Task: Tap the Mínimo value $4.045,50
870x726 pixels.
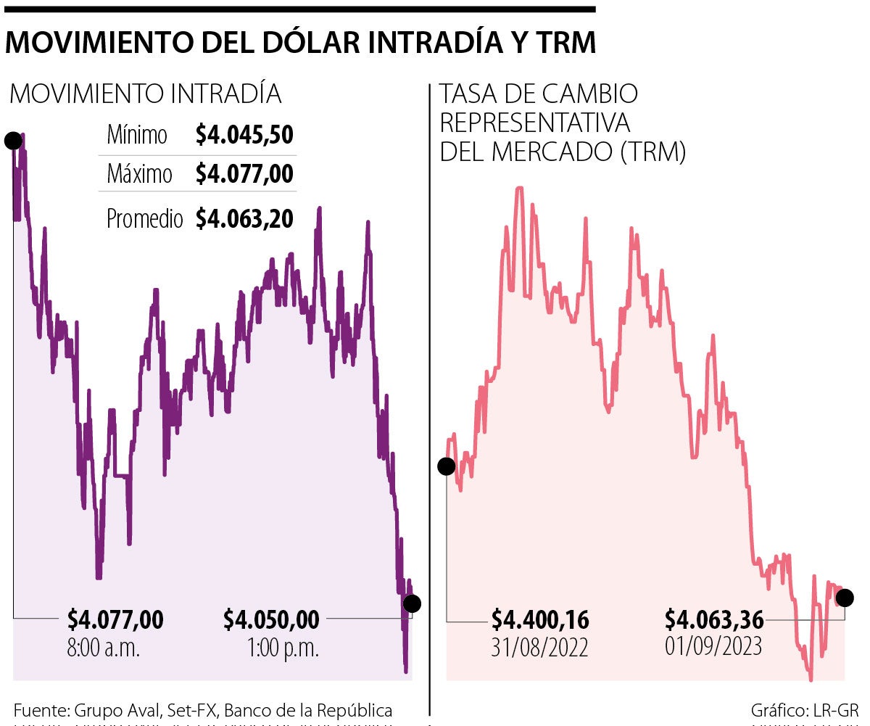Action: tap(244, 135)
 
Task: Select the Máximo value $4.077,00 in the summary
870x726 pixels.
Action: tap(244, 174)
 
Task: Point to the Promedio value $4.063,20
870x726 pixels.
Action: tap(244, 218)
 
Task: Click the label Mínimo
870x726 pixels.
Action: tap(137, 135)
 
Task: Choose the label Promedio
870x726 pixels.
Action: tap(145, 218)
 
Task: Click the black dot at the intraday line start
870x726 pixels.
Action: tap(13, 141)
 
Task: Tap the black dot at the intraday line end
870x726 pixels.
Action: tap(411, 603)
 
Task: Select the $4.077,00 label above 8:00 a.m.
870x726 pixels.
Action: tap(115, 620)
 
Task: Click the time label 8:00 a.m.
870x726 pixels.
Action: tap(104, 647)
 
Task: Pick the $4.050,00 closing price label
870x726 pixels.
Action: tap(271, 620)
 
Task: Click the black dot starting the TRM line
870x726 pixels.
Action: tap(447, 466)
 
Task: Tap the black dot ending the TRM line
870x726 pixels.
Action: tap(845, 598)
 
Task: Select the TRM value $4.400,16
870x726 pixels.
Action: tap(540, 621)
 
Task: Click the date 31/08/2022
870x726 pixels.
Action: tap(540, 647)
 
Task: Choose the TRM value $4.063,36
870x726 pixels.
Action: tap(714, 620)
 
